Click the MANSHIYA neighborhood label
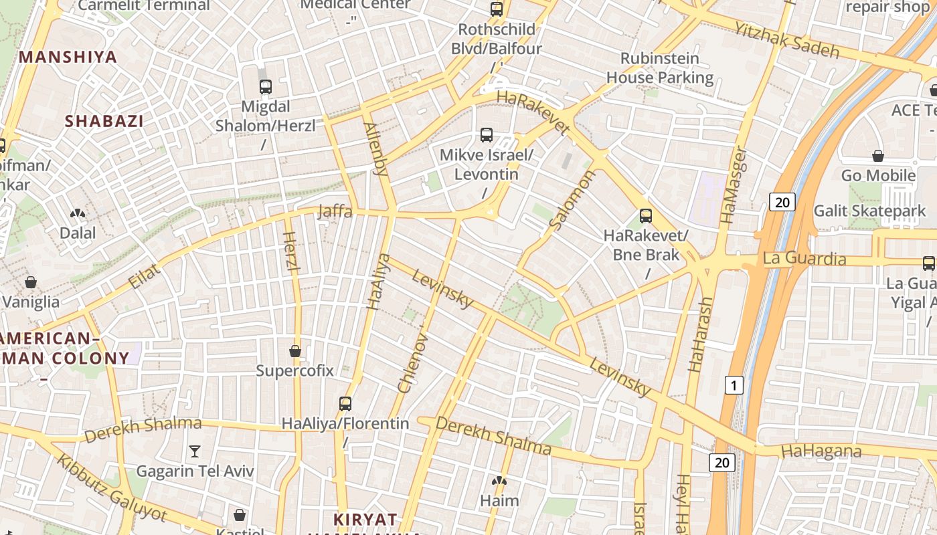68,57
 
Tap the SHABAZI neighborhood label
104,121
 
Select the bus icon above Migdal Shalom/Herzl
266,86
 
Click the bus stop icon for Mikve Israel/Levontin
487,135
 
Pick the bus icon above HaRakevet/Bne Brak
646,215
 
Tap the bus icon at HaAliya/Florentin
345,403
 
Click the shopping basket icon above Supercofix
295,350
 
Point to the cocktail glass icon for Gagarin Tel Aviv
195,451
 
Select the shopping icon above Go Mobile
878,156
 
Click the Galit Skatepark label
869,211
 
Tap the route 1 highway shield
734,385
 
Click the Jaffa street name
335,211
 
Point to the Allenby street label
375,149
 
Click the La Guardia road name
804,259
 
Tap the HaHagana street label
821,451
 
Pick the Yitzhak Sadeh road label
786,39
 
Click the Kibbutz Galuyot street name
111,488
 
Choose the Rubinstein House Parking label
660,68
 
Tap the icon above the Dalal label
78,214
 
